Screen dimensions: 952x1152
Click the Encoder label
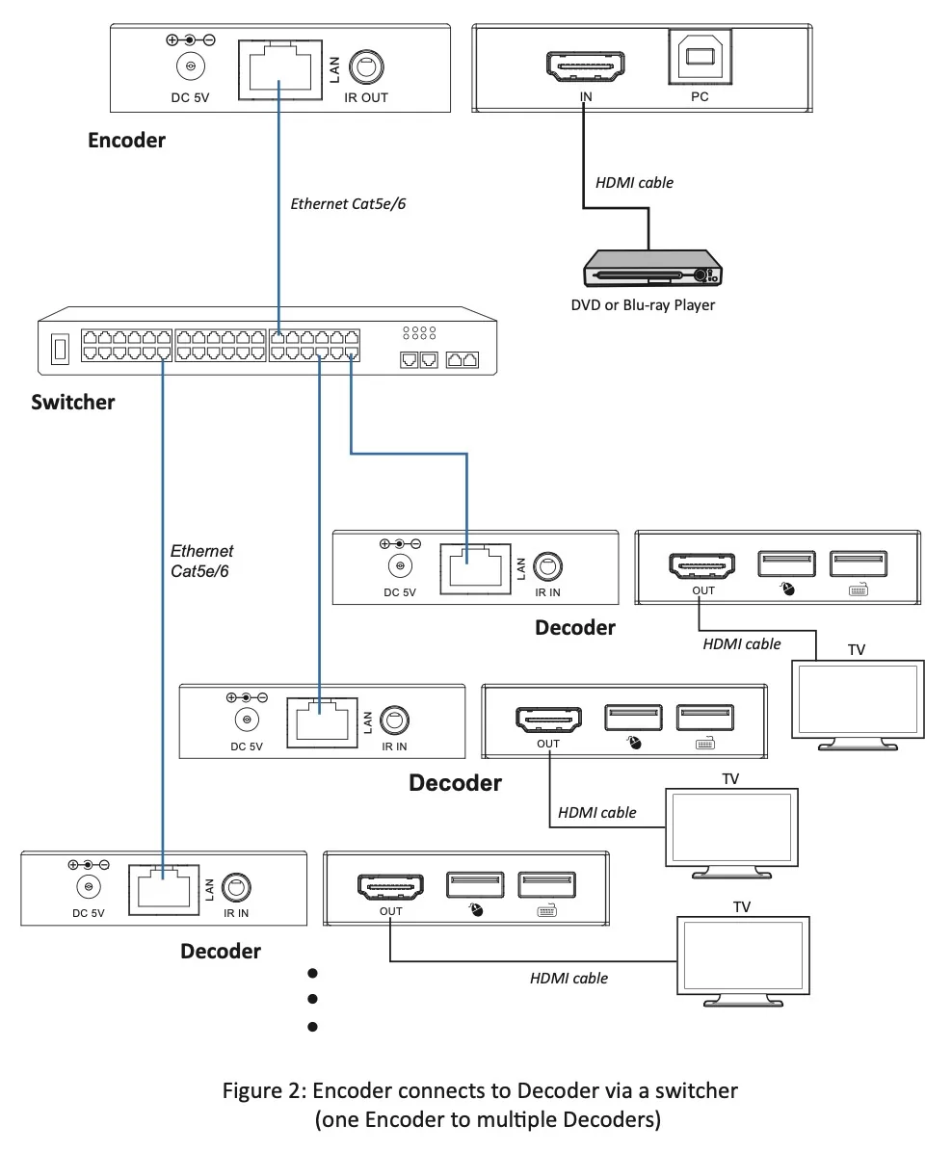point(126,141)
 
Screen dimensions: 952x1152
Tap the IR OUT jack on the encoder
point(365,66)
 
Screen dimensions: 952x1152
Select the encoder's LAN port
point(280,69)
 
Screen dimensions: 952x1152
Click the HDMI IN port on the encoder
point(585,66)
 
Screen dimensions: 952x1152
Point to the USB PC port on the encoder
point(700,57)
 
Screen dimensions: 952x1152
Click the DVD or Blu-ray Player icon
point(652,268)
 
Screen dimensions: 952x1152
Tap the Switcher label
point(73,402)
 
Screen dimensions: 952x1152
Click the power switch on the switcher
point(61,349)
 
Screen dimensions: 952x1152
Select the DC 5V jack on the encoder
point(191,66)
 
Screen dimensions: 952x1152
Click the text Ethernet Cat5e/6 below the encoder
point(348,203)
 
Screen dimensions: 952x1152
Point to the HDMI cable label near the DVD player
point(634,182)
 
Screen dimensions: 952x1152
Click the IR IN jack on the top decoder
point(547,566)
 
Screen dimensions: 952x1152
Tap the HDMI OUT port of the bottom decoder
point(391,887)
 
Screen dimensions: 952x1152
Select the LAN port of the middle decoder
point(322,723)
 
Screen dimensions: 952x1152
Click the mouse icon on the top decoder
point(787,589)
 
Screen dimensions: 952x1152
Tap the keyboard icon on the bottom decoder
point(547,911)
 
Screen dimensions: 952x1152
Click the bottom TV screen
point(743,956)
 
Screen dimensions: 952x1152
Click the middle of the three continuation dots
point(312,999)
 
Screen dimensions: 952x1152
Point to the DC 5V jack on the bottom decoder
point(89,887)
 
